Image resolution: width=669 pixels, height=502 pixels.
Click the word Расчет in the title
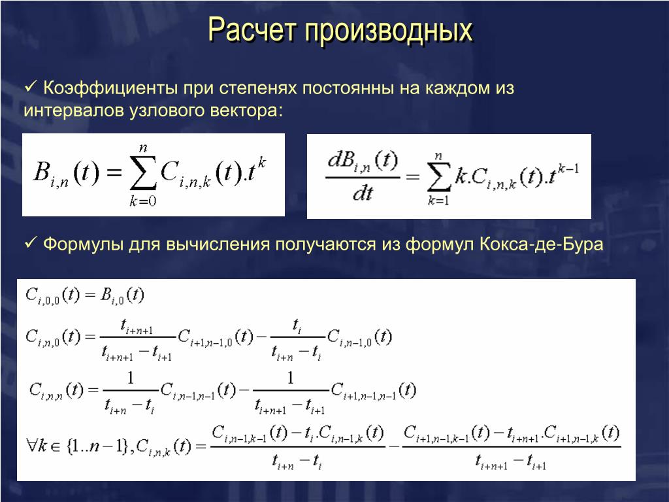tap(252, 30)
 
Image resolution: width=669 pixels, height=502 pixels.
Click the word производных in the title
tap(389, 31)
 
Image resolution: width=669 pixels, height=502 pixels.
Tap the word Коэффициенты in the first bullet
tap(110, 88)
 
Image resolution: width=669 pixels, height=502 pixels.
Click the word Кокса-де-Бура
tap(541, 244)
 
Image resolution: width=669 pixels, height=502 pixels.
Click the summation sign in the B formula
tap(143, 173)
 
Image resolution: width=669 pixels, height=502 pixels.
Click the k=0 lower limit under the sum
tap(143, 201)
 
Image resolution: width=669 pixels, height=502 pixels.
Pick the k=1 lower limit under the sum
tap(438, 200)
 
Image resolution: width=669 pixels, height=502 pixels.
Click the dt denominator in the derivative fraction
tap(363, 194)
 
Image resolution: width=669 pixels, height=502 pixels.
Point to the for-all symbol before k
tap(32, 446)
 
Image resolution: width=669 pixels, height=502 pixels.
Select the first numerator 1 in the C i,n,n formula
tap(131, 378)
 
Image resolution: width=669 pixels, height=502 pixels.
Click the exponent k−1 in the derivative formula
tap(568, 168)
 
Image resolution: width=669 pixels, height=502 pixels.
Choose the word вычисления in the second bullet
tap(218, 244)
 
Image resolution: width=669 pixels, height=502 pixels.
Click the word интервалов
tap(73, 110)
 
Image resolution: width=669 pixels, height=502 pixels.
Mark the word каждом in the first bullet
tap(457, 89)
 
